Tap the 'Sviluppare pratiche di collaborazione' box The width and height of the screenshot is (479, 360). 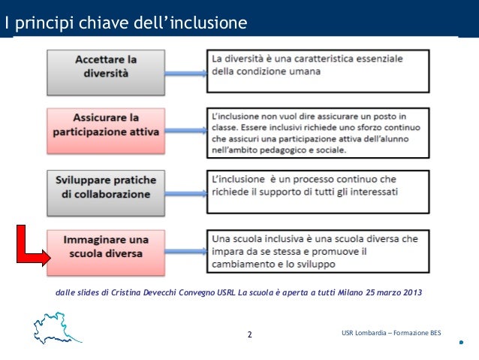coord(106,187)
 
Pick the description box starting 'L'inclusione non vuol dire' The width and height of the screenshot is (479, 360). coord(317,130)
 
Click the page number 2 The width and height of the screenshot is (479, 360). coord(250,334)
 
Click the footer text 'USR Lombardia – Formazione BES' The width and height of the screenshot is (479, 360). coord(386,333)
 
